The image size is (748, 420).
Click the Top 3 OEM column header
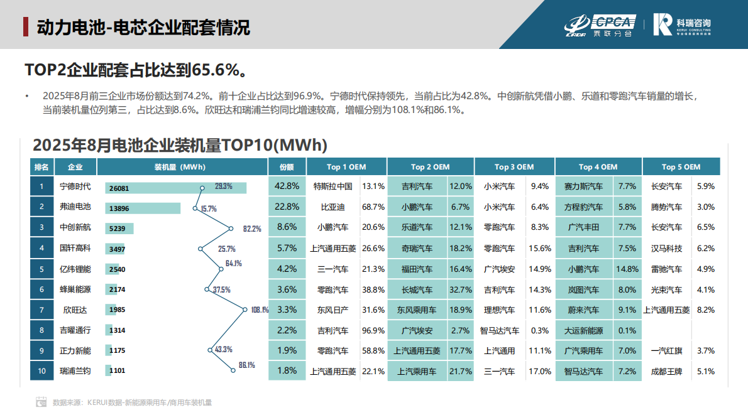coord(514,167)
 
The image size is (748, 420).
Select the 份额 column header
coord(287,167)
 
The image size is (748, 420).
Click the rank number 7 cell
coord(41,310)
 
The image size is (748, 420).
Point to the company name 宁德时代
coord(75,186)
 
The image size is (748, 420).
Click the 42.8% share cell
coord(287,186)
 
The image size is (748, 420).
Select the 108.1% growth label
coord(259,310)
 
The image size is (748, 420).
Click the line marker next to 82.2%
coord(232,229)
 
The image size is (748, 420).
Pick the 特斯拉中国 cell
coord(333,186)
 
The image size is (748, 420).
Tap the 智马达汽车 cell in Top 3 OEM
coord(500,330)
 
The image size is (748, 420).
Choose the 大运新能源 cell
coord(583,330)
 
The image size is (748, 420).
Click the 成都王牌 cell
coord(666,371)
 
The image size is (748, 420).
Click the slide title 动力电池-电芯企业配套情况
coord(143,27)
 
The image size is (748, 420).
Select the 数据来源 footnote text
coord(132,402)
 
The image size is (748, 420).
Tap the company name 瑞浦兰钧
coord(75,371)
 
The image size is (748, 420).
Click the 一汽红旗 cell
coord(666,351)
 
